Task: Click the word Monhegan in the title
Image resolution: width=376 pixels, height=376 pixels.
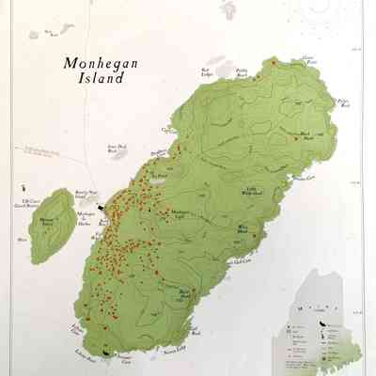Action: click(94, 63)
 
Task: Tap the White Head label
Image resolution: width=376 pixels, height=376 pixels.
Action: click(243, 228)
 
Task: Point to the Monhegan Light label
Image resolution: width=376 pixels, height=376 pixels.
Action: click(179, 214)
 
